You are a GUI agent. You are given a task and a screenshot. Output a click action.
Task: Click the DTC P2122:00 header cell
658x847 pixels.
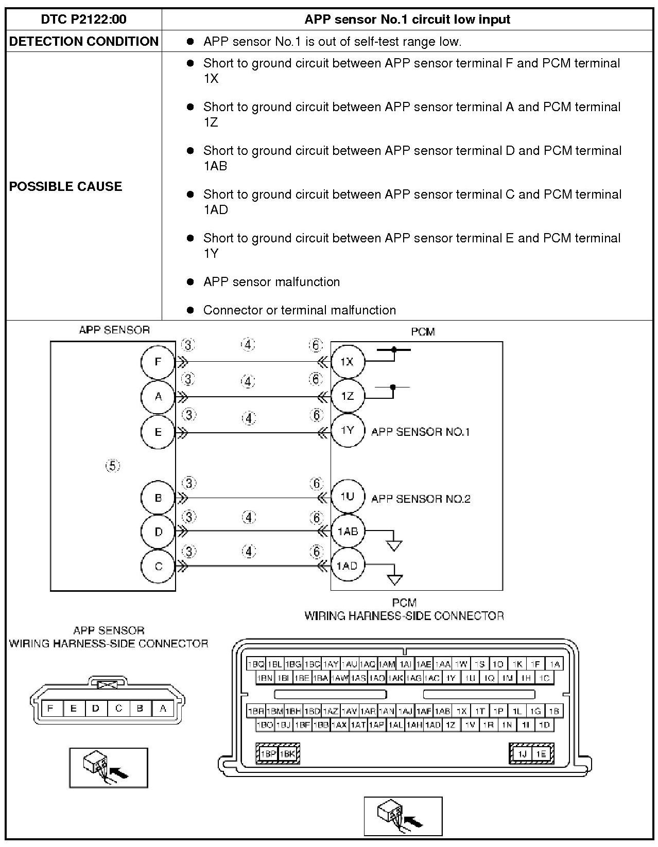[83, 20]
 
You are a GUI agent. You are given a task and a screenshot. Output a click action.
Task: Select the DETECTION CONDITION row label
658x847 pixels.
[83, 42]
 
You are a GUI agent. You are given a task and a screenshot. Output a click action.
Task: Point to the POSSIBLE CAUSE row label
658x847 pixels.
[65, 186]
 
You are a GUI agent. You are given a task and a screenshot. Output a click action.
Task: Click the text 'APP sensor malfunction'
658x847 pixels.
[271, 282]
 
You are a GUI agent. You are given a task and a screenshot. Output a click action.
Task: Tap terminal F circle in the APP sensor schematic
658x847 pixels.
[158, 362]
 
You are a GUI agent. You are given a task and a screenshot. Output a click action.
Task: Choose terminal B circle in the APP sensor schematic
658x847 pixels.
[158, 498]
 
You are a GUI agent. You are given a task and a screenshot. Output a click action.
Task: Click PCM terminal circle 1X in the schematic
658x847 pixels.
[347, 362]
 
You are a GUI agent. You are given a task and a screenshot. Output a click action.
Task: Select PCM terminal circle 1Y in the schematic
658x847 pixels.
[348, 430]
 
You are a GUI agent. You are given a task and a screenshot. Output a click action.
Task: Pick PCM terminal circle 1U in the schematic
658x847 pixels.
[348, 497]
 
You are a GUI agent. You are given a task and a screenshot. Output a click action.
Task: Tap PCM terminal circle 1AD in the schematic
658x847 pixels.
[347, 566]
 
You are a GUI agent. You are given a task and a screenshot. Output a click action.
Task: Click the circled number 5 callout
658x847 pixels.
[113, 466]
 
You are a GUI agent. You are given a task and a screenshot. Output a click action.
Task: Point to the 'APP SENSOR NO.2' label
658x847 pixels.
[421, 499]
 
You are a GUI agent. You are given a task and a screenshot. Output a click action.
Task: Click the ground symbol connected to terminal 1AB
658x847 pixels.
[394, 545]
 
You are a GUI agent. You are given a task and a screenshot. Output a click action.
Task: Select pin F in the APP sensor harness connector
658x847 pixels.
[50, 709]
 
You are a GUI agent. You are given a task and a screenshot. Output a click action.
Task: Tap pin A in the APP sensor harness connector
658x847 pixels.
[163, 709]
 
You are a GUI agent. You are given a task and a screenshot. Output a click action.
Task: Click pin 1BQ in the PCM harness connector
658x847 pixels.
[256, 664]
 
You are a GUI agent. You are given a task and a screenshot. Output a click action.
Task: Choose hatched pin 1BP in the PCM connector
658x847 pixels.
[268, 754]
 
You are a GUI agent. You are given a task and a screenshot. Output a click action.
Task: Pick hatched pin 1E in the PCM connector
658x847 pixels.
[541, 754]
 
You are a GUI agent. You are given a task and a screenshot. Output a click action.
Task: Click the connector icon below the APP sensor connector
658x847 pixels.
[109, 768]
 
